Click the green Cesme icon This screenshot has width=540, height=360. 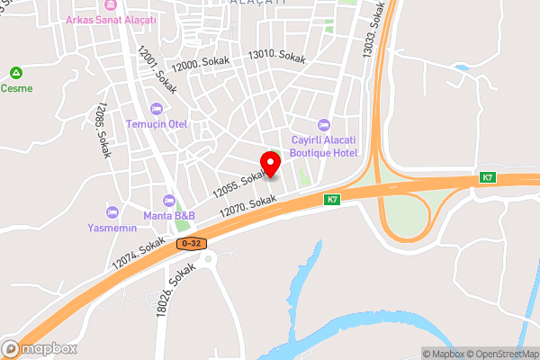(15, 73)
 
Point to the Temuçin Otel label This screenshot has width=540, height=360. (156, 124)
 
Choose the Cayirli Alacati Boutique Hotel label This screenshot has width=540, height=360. (324, 146)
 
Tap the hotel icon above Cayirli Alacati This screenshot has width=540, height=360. (324, 124)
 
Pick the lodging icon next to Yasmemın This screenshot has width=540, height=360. (112, 212)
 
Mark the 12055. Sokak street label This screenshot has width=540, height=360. (239, 183)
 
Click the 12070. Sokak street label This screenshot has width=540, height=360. (247, 207)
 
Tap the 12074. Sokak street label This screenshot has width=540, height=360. (139, 253)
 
